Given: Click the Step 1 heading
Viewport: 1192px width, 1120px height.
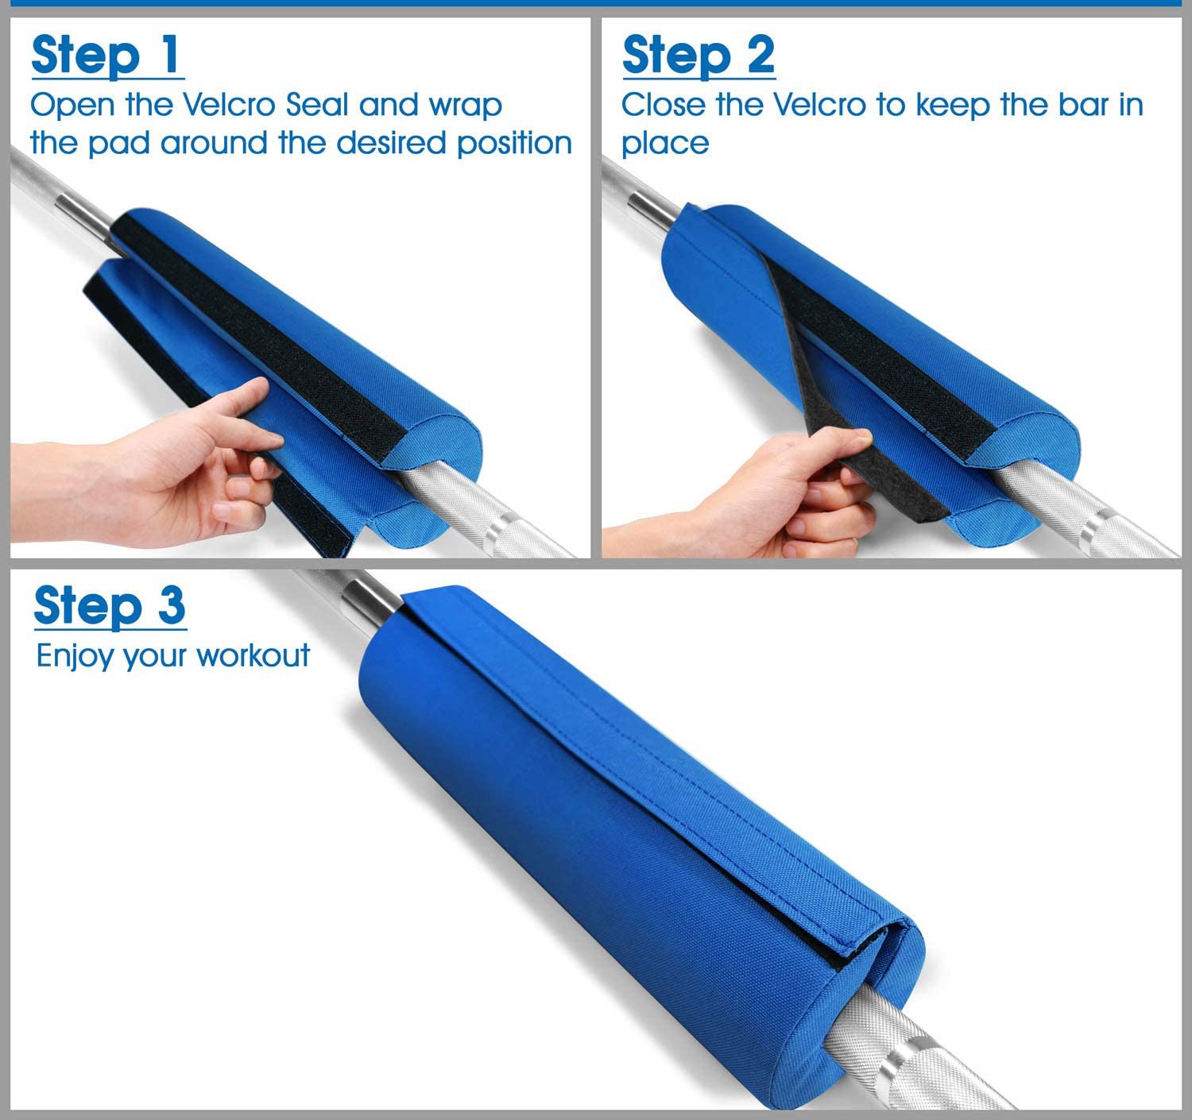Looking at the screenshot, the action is click(x=106, y=56).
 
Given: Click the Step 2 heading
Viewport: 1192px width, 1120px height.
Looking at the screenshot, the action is click(x=699, y=56).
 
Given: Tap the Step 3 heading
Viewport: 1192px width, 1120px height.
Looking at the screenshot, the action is click(x=110, y=607).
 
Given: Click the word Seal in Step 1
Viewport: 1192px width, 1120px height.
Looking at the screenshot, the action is click(x=317, y=105).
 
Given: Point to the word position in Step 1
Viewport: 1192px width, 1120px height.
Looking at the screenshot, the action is click(x=514, y=144).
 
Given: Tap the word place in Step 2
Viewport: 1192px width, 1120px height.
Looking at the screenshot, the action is click(x=665, y=145).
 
